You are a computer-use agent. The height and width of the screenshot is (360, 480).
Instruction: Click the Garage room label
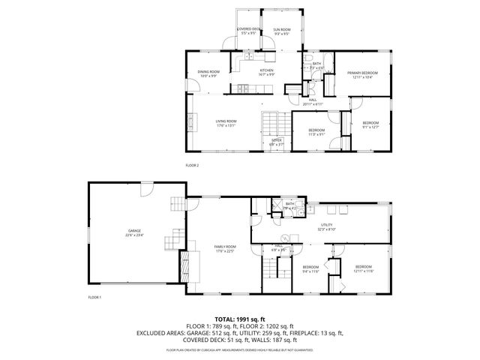click(134, 232)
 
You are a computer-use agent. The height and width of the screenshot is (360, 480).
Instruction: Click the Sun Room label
click(282, 31)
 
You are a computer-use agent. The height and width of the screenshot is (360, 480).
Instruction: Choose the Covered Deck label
click(247, 31)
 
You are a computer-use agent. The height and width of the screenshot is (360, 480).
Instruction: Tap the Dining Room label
click(208, 73)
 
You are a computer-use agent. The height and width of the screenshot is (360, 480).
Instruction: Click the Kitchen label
click(265, 73)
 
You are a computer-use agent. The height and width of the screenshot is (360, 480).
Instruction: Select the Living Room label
click(226, 123)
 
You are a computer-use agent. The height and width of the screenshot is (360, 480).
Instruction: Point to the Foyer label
click(277, 142)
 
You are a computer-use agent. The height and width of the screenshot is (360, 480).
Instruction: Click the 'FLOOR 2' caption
click(193, 164)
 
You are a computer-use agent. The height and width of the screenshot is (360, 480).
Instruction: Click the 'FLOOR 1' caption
click(94, 298)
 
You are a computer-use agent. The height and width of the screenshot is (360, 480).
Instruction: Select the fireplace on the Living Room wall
click(190, 122)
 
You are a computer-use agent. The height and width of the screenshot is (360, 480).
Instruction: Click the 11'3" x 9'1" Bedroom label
click(316, 133)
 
